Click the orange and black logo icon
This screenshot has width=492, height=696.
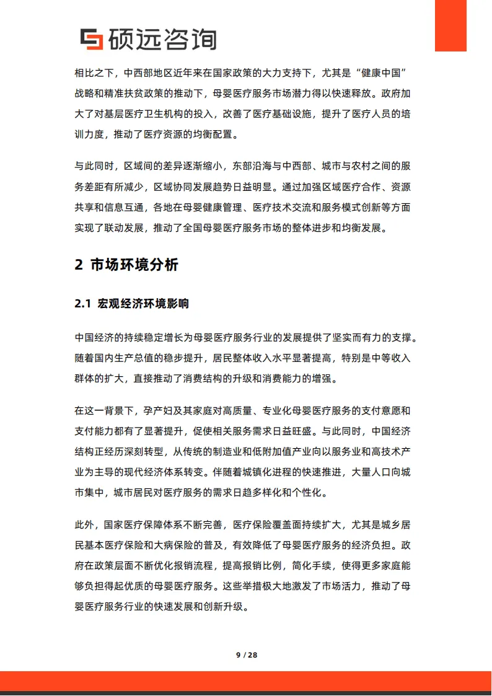[x=92, y=39]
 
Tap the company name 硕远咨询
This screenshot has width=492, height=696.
[x=162, y=39]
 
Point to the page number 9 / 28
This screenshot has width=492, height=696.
[x=246, y=654]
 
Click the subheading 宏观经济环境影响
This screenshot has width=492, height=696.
[x=143, y=304]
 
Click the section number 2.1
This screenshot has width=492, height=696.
[x=83, y=304]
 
